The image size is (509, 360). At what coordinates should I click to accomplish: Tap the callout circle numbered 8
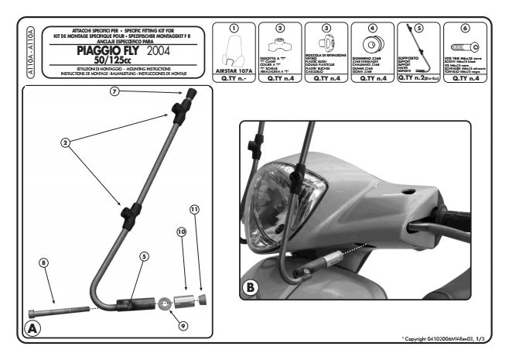45,262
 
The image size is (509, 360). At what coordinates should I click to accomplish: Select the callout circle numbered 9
183,326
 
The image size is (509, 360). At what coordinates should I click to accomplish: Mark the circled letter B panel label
251,286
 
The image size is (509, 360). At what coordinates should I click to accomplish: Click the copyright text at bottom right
448,339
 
